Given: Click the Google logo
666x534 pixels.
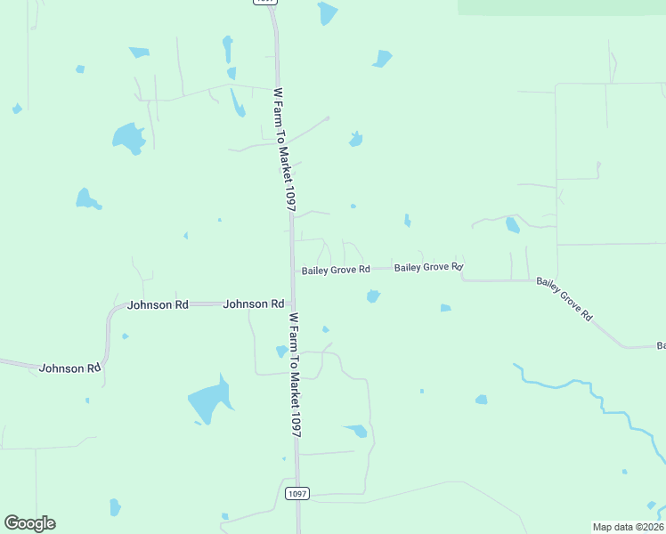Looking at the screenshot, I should (29, 523).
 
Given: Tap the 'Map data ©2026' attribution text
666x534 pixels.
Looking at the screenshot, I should (627, 527).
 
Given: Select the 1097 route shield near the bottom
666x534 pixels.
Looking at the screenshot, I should (296, 493).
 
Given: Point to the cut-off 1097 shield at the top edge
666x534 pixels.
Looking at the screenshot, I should (265, 2).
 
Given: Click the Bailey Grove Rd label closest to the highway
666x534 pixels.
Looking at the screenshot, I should (335, 270).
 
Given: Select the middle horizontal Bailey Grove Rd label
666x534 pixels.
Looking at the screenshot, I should (428, 267).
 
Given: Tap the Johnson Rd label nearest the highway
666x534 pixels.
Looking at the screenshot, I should (254, 304).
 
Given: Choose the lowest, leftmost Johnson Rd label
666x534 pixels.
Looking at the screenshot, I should (69, 368).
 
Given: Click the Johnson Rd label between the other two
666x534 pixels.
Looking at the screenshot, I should (158, 304).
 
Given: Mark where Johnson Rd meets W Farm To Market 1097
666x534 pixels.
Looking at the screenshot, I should (290, 304).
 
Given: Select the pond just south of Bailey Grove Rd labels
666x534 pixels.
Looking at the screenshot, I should (373, 296).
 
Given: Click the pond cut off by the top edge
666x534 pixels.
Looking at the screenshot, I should (328, 12).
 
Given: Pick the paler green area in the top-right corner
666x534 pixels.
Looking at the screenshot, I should (561, 6).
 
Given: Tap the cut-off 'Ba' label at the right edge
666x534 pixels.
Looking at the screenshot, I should (661, 345).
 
